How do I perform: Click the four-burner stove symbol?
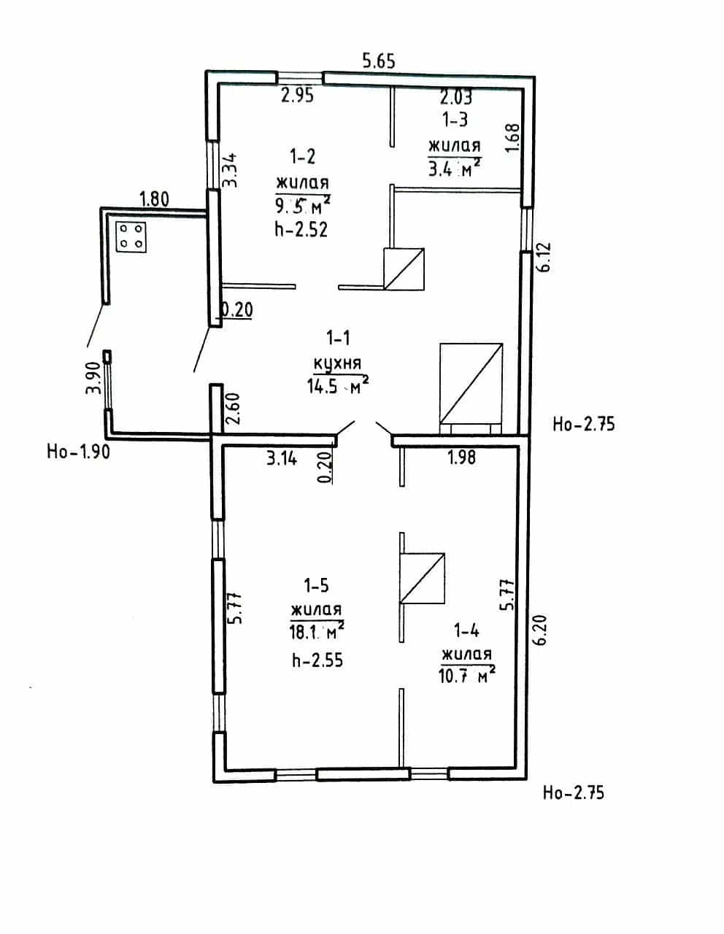[131, 237]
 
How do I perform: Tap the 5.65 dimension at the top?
[378, 61]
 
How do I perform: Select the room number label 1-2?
[303, 157]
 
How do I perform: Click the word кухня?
[337, 364]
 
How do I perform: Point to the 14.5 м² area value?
[338, 385]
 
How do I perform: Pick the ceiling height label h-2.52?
[301, 229]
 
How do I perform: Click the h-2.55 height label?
[317, 660]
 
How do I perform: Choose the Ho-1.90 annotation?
[79, 452]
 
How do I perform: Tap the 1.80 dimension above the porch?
[154, 199]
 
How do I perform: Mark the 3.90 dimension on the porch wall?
[93, 378]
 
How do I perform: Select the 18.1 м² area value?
[317, 632]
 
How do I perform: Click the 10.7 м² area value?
[467, 676]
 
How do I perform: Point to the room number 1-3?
[455, 120]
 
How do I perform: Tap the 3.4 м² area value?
[455, 168]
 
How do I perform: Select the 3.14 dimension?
[282, 459]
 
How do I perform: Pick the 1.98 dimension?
[462, 458]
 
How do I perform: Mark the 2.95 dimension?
[298, 95]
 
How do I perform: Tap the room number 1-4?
[466, 630]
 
